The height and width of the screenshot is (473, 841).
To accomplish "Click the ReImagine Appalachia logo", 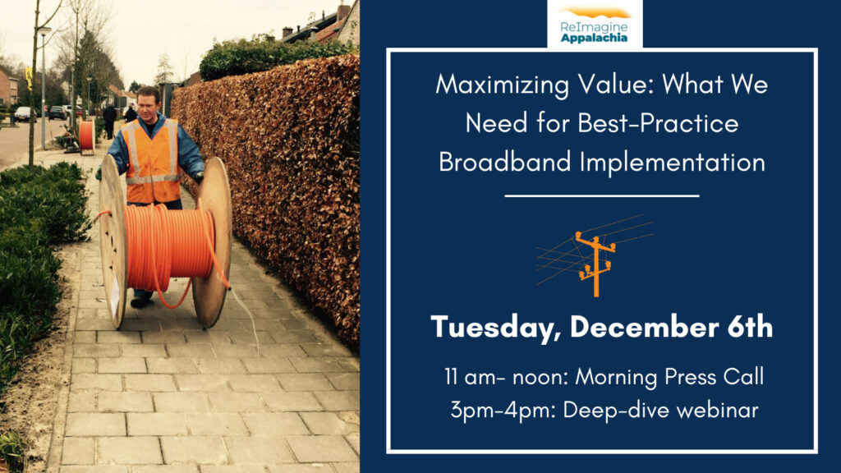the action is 595,25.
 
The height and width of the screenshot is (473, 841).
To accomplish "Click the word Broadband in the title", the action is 505,162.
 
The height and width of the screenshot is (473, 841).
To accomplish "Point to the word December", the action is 644,327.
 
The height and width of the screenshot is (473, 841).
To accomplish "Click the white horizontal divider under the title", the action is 602,196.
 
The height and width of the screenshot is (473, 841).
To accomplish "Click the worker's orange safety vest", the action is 152,160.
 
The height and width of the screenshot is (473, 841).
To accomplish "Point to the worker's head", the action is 148,103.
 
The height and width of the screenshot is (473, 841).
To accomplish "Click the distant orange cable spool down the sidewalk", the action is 85,135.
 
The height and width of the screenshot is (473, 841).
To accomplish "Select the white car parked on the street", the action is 23,113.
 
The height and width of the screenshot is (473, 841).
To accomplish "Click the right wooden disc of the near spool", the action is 213,241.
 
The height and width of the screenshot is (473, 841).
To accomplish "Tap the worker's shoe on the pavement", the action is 140,302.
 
